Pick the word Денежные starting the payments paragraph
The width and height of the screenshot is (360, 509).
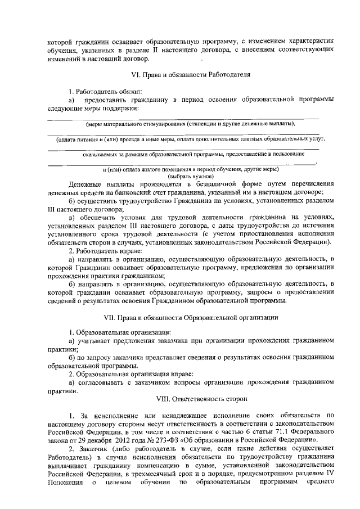pyautogui.click(x=84, y=184)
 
